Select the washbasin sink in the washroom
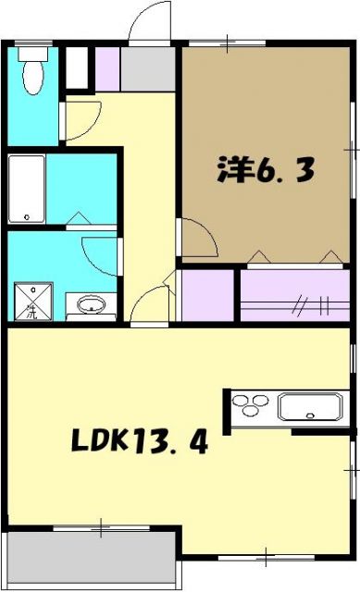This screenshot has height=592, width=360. pyautogui.click(x=92, y=304)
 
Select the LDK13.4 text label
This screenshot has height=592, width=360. pyautogui.click(x=139, y=441)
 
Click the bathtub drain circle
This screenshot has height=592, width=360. pyautogui.click(x=27, y=217)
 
